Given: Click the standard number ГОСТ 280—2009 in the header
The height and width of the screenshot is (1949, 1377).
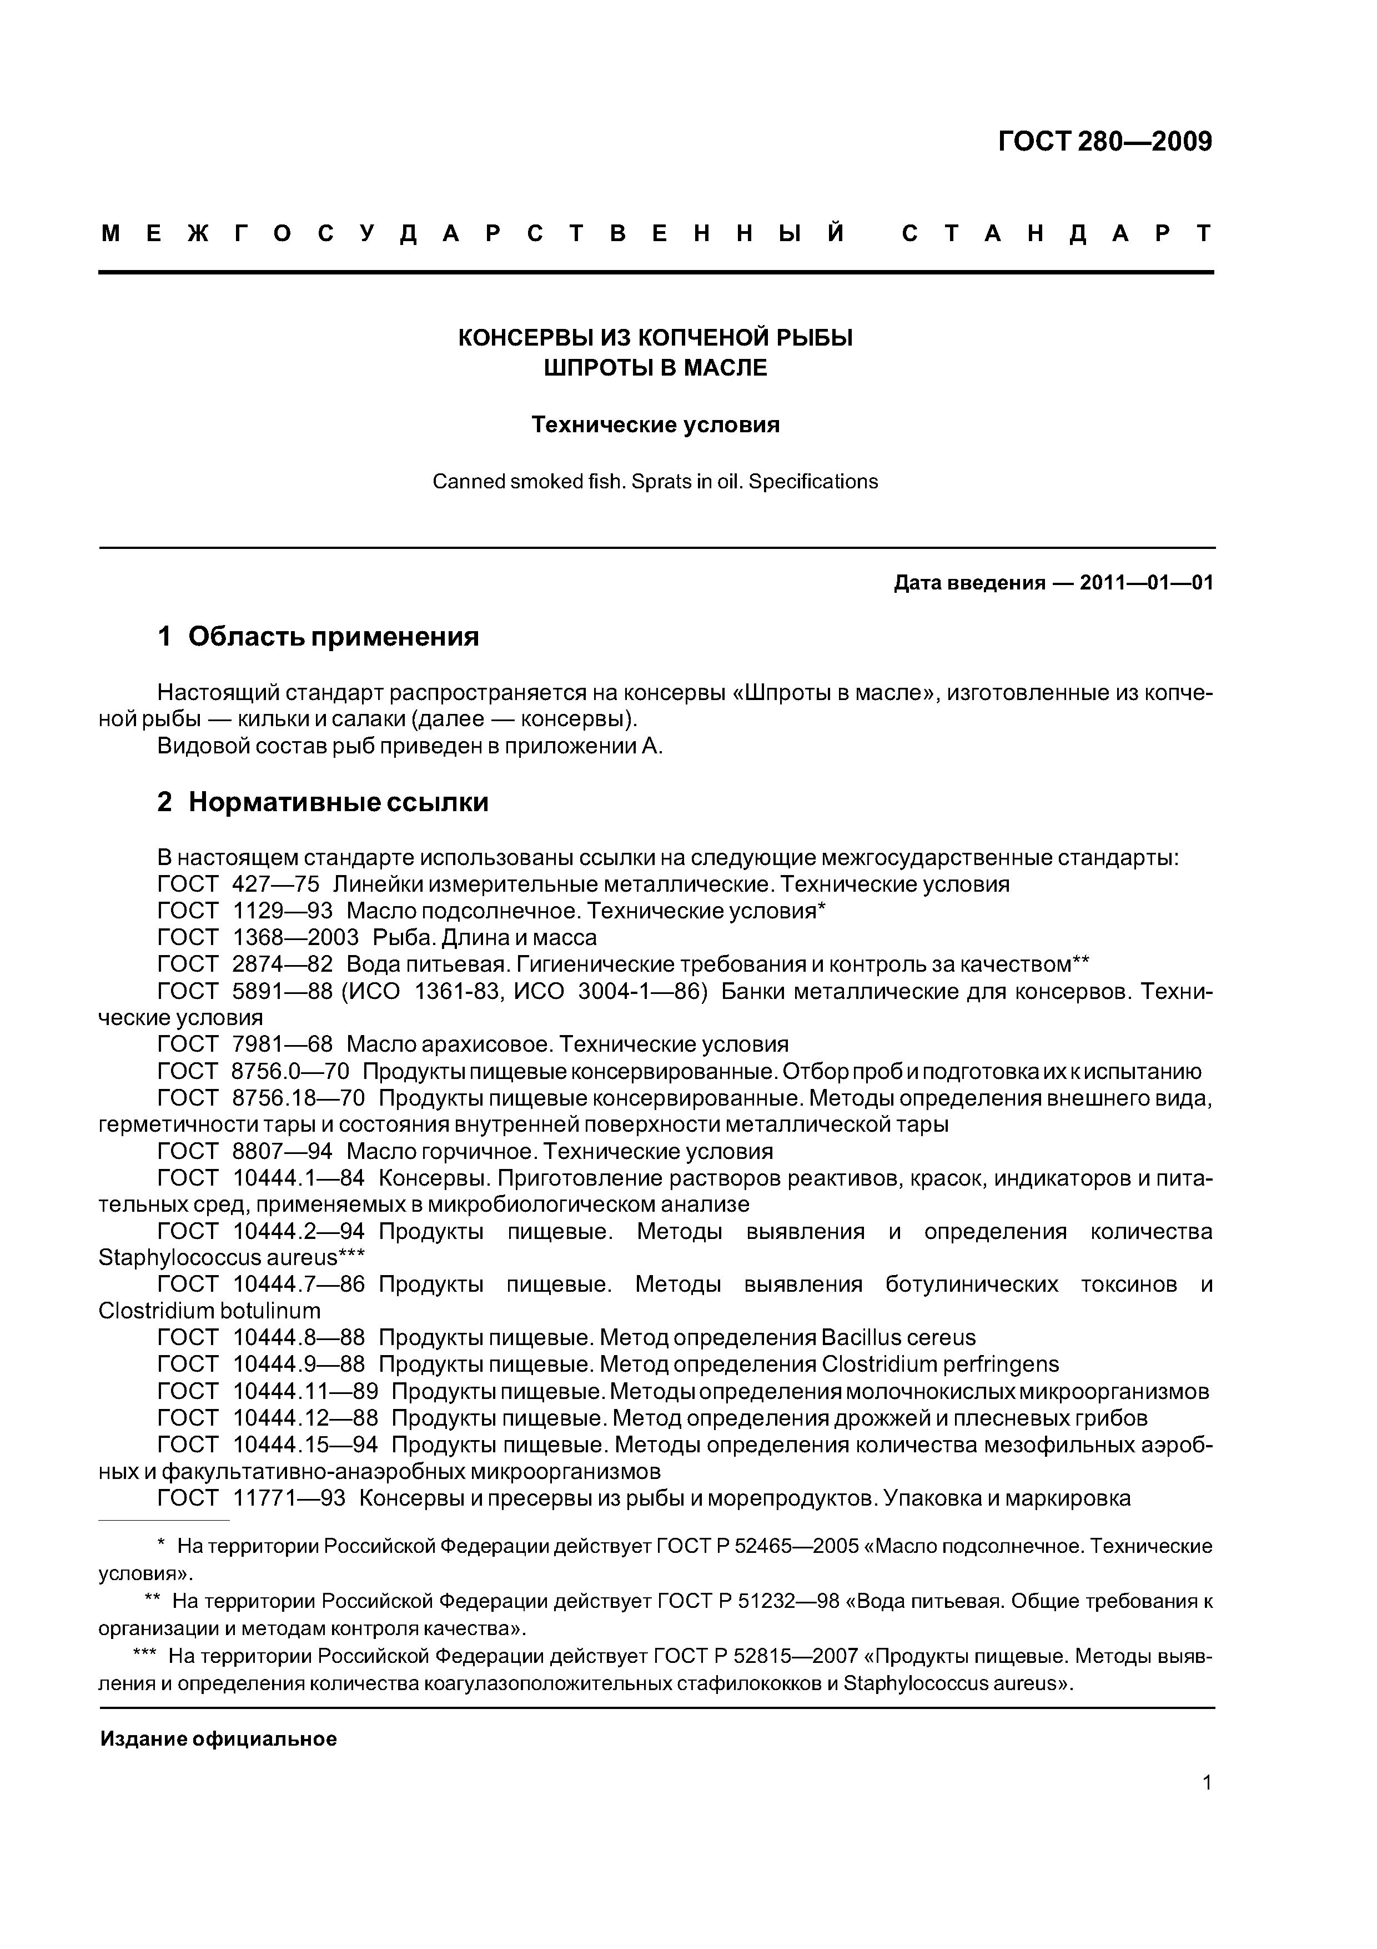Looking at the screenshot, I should [x=1105, y=142].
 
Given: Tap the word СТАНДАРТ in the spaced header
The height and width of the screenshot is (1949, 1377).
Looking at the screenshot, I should [x=1056, y=233].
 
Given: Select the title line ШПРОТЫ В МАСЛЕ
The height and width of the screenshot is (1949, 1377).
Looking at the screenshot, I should [x=655, y=368].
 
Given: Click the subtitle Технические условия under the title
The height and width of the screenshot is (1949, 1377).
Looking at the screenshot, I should [x=655, y=424].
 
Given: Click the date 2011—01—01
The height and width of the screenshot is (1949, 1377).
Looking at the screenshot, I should [x=1146, y=583].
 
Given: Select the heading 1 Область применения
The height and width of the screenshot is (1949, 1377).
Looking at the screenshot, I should [x=318, y=637].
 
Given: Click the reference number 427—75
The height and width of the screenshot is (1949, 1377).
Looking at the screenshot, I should [x=275, y=884].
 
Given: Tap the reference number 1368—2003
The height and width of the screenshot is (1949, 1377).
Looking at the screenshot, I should [x=295, y=937].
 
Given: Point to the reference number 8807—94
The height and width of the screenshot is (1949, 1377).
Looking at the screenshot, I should [x=282, y=1152].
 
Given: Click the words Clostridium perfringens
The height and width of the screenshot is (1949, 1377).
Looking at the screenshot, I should [x=940, y=1364].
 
